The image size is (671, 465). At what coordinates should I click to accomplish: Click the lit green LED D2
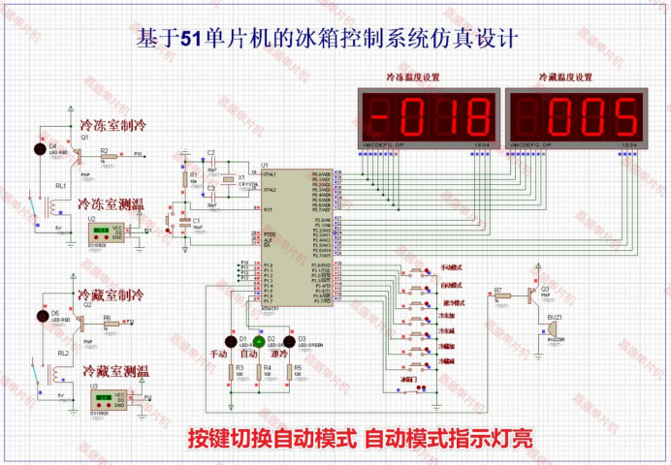tap(260, 340)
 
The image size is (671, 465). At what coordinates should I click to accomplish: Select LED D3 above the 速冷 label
tap(289, 340)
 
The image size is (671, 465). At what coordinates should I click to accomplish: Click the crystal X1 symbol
tap(229, 180)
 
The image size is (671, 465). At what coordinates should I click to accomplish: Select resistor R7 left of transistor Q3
tap(499, 296)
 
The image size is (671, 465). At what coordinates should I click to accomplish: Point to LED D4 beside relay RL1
tap(40, 149)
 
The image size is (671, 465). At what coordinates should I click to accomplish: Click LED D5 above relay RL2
tap(41, 315)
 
